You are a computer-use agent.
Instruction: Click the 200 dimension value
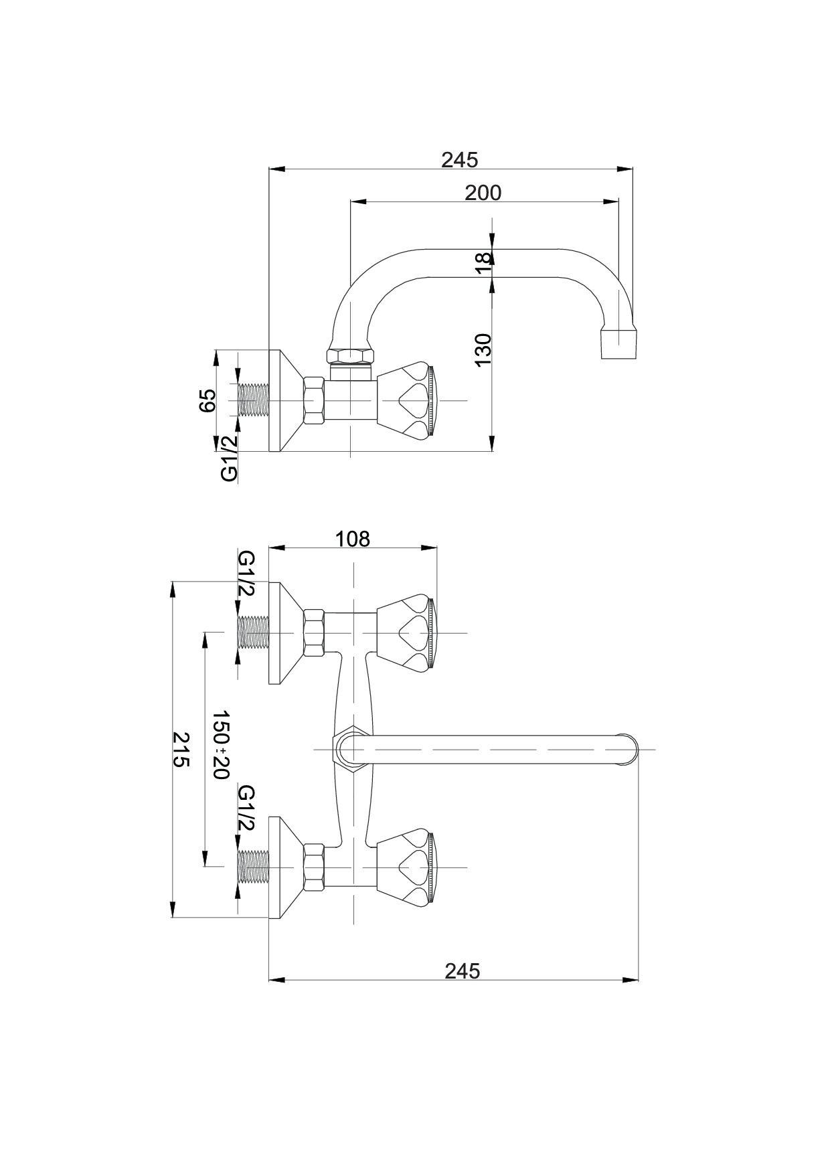(483, 193)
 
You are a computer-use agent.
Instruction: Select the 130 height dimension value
(483, 349)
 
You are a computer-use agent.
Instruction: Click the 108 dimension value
(352, 538)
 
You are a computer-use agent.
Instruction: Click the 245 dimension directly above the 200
(460, 160)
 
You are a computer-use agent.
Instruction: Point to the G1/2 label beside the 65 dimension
(229, 458)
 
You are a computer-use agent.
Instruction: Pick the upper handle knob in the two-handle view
(407, 633)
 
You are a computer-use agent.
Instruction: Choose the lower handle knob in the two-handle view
(407, 867)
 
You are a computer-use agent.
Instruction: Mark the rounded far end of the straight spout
(629, 749)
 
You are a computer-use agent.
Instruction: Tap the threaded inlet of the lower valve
(252, 867)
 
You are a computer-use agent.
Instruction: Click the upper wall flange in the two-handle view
(281, 633)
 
